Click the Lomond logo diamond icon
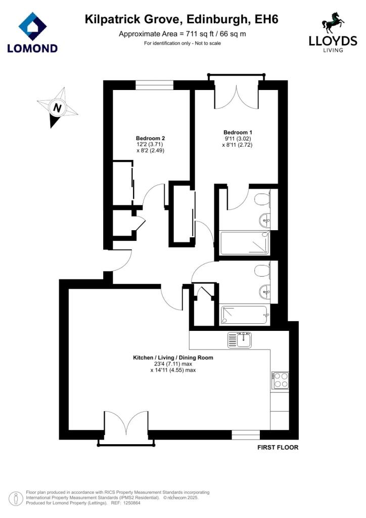tap(32, 26)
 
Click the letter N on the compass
tap(58, 108)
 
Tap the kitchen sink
tap(240, 340)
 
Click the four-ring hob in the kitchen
tap(280, 380)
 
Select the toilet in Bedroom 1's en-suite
tap(262, 199)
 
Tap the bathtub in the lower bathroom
tap(245, 315)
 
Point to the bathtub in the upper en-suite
tap(245, 242)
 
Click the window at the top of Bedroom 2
tap(155, 85)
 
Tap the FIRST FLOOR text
tap(278, 447)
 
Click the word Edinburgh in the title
tap(217, 20)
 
